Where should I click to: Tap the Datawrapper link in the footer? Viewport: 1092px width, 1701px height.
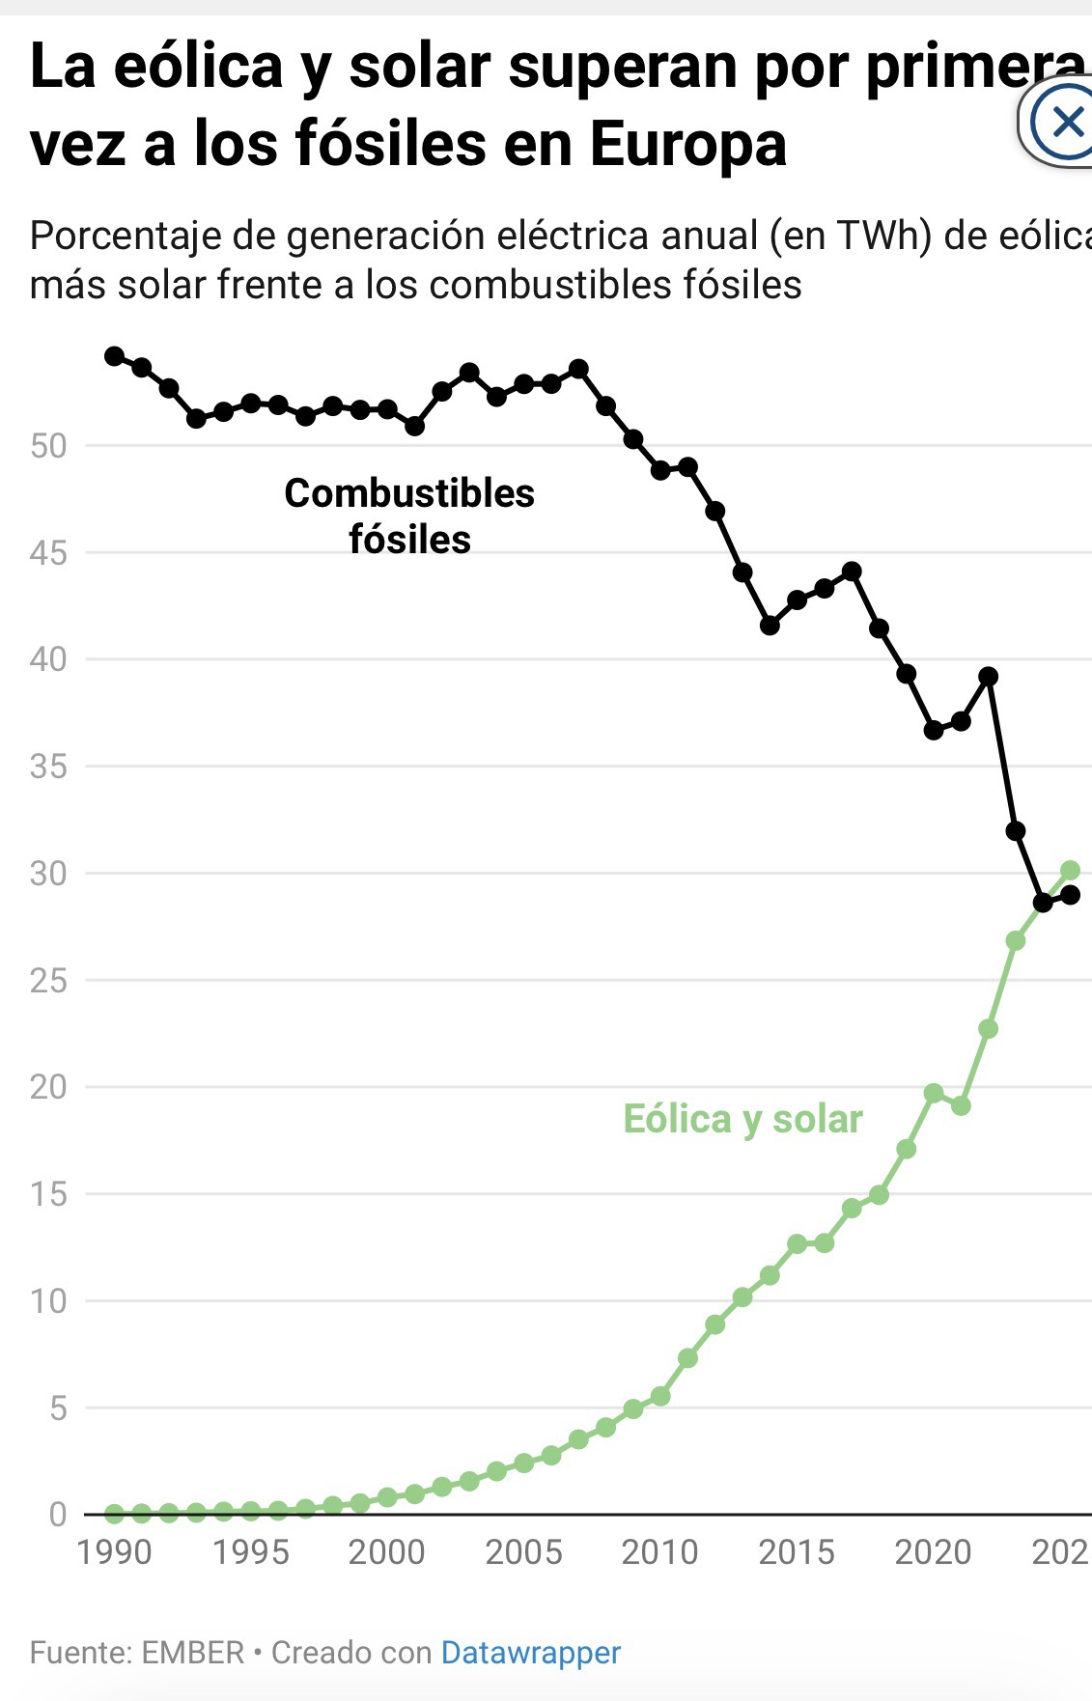pos(530,1652)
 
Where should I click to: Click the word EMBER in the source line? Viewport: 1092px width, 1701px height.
pos(193,1652)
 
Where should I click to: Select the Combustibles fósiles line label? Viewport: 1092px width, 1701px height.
pos(409,516)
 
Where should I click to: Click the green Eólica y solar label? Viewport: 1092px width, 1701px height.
pos(742,1119)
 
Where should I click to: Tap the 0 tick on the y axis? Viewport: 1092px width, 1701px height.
pos(58,1514)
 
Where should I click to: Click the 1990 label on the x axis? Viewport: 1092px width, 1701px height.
pos(114,1552)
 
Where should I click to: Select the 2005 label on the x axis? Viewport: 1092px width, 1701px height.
pos(523,1552)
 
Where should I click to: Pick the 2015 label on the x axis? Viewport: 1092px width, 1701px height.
pos(797,1552)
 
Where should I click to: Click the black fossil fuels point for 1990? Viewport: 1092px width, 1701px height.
pos(114,356)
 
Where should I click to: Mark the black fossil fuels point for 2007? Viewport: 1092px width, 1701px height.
pos(578,369)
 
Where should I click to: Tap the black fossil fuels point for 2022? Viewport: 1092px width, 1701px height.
pos(988,677)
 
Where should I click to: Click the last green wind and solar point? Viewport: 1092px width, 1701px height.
pos(1070,871)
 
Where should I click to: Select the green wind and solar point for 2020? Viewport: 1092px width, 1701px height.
pos(934,1093)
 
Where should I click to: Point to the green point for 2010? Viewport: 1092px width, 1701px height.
pos(660,1396)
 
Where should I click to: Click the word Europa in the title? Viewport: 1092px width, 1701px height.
pos(687,145)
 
